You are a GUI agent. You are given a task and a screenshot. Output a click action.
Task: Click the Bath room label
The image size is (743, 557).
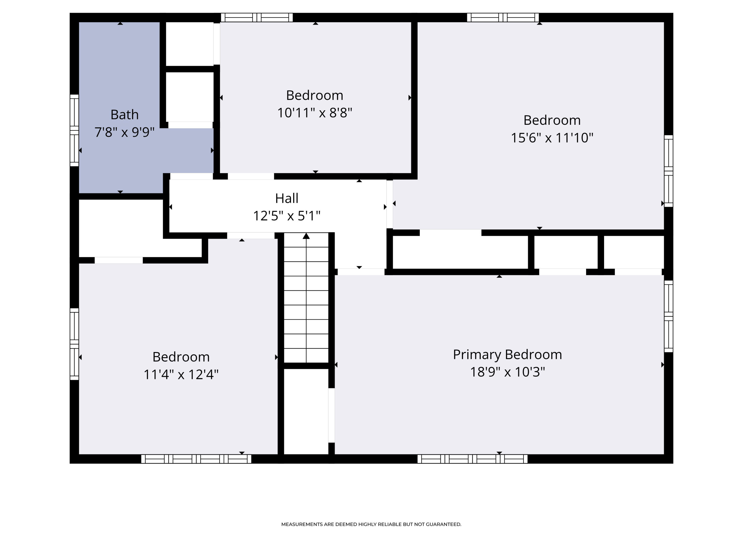124,115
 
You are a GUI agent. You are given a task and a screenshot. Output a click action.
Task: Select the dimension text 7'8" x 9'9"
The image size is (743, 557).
124,132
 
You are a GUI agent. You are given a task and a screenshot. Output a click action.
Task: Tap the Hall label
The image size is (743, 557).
287,199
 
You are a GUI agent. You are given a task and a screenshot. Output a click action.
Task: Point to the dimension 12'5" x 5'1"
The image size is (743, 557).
287,216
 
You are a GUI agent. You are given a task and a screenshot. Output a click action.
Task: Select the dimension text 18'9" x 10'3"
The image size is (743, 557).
507,372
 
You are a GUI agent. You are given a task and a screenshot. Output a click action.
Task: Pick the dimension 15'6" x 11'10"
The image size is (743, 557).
552,138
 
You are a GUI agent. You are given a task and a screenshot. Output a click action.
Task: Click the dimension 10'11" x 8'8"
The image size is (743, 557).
314,113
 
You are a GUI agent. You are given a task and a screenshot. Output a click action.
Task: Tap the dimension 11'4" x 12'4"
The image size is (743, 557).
181,374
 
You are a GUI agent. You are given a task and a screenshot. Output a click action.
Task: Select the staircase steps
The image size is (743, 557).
306,302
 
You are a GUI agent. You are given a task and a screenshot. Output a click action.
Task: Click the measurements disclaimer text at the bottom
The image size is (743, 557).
371,524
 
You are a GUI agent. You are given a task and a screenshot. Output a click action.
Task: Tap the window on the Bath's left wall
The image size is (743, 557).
74,130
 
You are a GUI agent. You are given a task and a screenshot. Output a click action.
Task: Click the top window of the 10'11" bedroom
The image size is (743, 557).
257,18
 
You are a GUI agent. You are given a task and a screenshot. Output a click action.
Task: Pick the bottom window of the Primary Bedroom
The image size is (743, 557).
472,459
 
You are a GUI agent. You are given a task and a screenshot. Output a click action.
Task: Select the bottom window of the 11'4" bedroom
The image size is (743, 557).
196,459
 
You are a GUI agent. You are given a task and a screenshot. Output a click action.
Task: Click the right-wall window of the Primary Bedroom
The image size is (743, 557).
668,316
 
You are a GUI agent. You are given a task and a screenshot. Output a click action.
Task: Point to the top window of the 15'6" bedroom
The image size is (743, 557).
503,18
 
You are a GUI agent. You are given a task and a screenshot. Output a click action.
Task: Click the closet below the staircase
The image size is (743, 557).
306,411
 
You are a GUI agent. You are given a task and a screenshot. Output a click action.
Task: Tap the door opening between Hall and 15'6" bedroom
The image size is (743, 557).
390,204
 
